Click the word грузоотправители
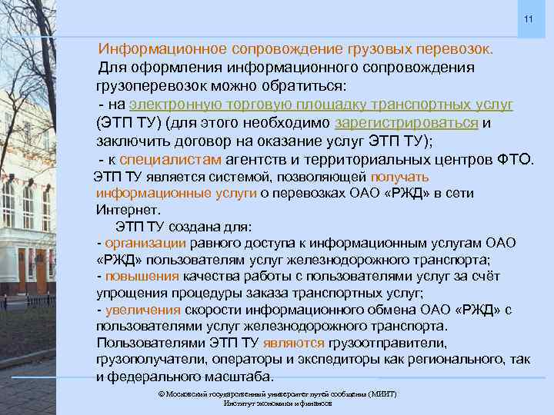(385, 343)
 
